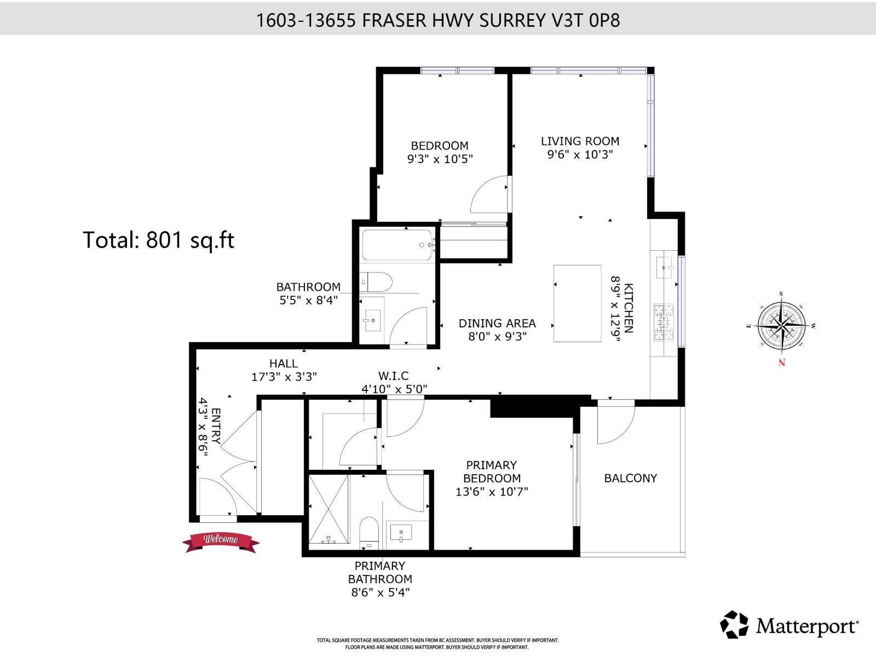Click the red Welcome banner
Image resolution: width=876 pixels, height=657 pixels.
[221, 542]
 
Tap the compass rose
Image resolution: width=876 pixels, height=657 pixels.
[781, 324]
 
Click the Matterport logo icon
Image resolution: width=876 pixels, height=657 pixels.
[734, 624]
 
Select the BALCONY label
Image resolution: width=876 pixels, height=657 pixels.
[630, 479]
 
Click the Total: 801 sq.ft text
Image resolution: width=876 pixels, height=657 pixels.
[158, 240]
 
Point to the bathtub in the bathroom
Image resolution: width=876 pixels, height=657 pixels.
[397, 245]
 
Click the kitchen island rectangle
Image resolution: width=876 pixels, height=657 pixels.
[577, 303]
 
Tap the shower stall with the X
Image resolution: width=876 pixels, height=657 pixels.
[328, 509]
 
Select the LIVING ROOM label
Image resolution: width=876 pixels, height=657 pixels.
[580, 141]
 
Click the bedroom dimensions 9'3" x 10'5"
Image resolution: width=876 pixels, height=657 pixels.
[440, 159]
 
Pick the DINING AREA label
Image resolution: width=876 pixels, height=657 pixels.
[497, 323]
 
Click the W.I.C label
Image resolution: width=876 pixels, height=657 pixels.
[393, 376]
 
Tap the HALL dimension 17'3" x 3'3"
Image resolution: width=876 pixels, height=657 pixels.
[284, 377]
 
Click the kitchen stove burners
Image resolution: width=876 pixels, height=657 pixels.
[663, 322]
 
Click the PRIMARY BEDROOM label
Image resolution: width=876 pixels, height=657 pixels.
[492, 471]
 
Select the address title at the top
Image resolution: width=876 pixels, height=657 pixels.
[438, 20]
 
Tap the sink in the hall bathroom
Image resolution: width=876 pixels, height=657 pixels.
[372, 320]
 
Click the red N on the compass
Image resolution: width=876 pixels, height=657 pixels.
[781, 362]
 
